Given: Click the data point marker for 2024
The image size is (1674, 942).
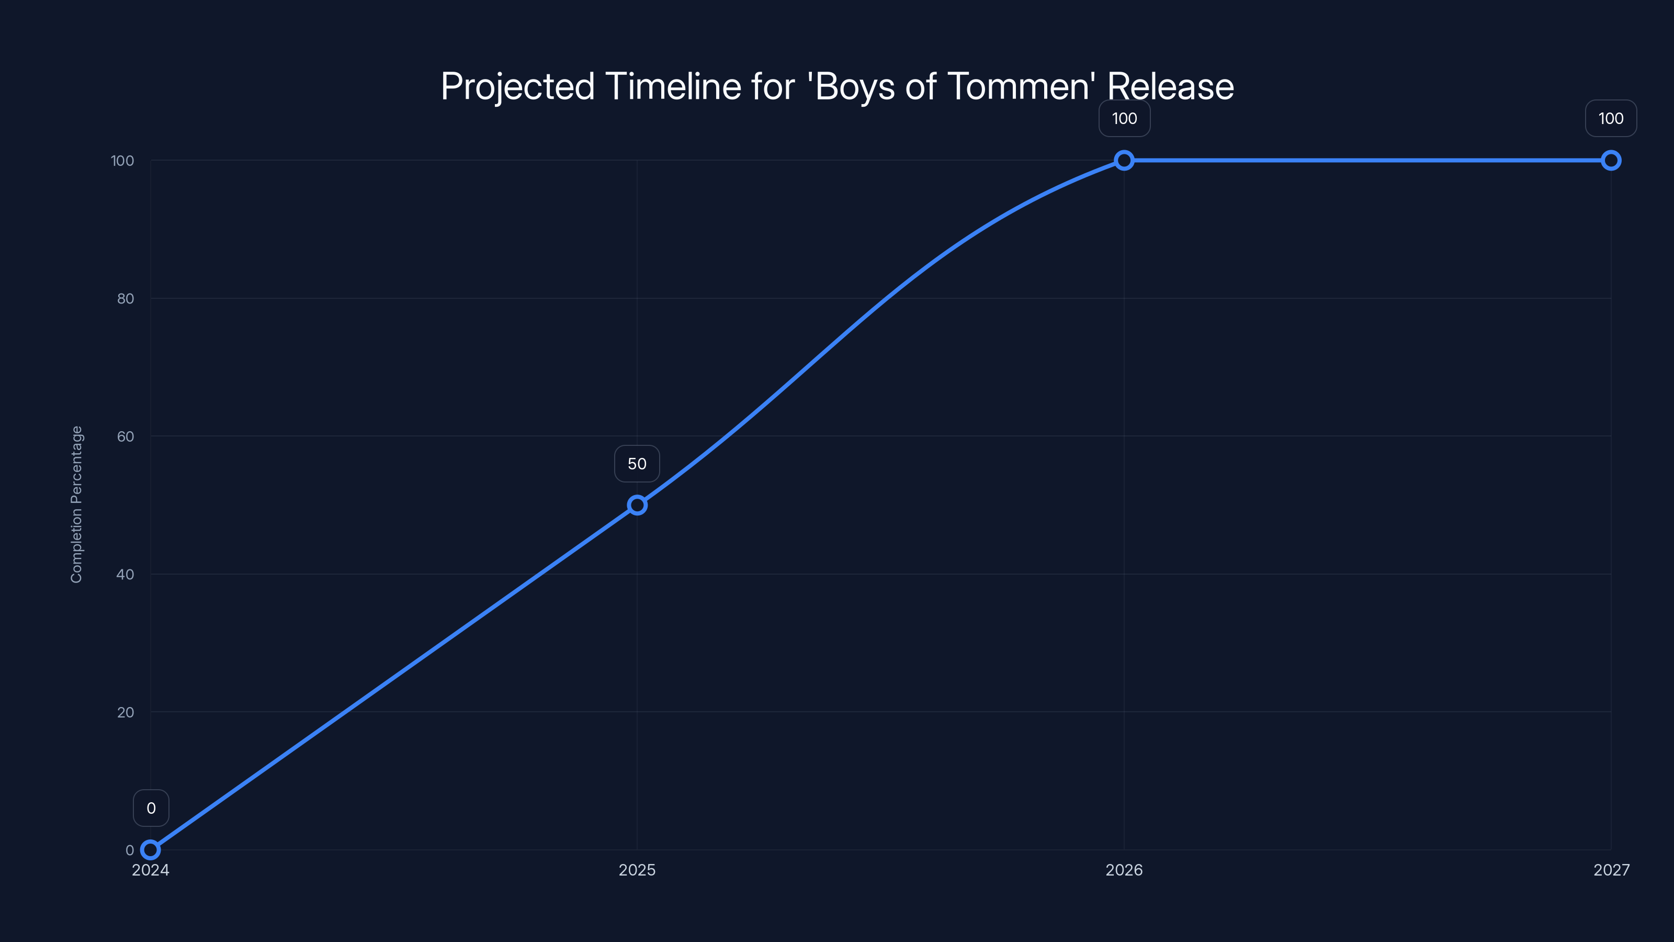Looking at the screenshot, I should pos(150,850).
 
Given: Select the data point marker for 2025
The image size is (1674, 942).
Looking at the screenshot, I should pos(637,505).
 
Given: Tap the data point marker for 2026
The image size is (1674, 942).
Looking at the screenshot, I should pos(1124,161).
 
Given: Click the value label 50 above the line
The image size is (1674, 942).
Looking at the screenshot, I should pos(637,464).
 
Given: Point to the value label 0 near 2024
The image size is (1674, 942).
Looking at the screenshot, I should pos(151,808).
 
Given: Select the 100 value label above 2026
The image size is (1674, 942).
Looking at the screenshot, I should pos(1124,118).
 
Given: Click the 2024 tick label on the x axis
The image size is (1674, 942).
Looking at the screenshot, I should pos(150,870).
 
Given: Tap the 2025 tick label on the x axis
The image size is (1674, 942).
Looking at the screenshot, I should pos(637,870).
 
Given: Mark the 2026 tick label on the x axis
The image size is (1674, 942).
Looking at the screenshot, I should pos(1124,870).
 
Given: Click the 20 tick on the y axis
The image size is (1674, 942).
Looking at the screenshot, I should pos(126,712).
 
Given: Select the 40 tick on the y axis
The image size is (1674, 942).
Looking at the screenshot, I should pos(126,575).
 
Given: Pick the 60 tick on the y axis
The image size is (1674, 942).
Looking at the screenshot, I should pos(126,437).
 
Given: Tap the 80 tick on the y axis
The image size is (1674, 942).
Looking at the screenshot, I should pos(126,299).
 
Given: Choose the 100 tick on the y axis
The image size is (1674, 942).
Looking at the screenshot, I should pos(122,161).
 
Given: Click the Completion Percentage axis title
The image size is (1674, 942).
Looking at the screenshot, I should pos(77,504).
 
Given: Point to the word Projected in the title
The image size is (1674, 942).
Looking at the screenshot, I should pos(517,86).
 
